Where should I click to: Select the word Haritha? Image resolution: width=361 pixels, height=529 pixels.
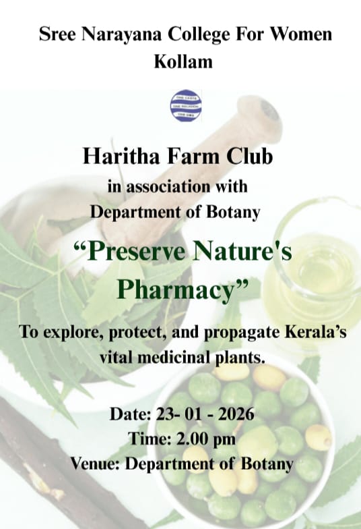115,157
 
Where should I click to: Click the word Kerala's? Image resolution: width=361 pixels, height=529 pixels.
312,335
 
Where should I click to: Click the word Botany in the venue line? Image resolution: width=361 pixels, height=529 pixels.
267,464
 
